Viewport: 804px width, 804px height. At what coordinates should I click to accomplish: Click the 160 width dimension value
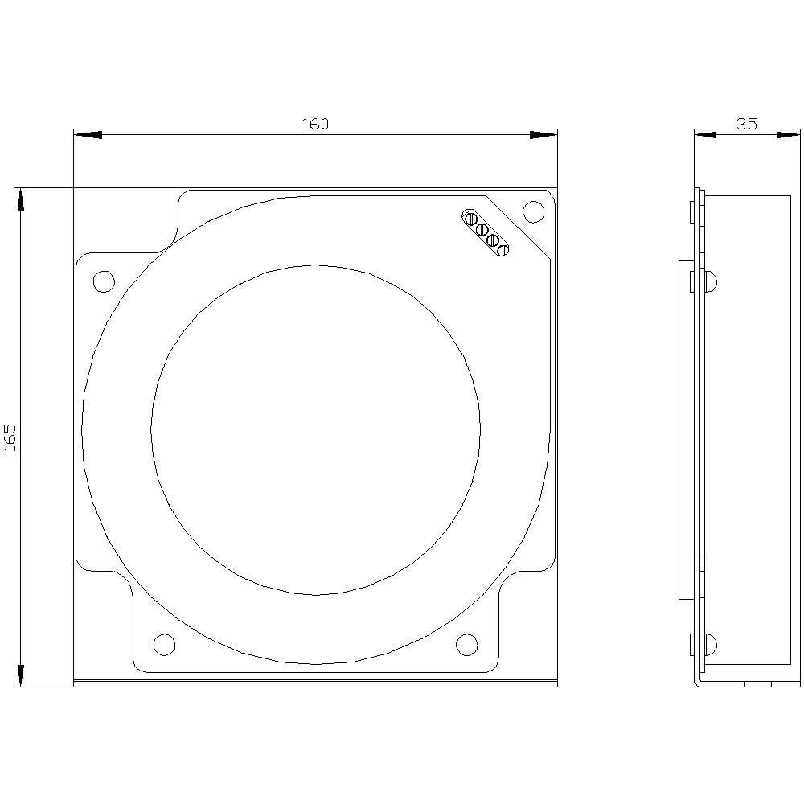point(315,124)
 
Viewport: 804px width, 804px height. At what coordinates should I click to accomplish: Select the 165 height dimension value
point(10,437)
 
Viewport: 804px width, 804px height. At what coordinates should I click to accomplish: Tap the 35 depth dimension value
point(747,124)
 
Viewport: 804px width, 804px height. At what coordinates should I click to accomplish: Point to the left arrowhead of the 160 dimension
point(87,135)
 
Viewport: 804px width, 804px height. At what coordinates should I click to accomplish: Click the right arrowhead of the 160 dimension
point(544,135)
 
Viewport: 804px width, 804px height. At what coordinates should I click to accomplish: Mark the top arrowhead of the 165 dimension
point(21,201)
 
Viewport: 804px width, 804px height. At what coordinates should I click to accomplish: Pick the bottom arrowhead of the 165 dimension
point(21,674)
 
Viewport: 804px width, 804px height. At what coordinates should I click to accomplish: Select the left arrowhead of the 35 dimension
point(705,135)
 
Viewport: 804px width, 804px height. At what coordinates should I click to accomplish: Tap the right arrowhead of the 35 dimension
point(788,135)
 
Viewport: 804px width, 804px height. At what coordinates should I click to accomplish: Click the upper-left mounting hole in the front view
point(104,281)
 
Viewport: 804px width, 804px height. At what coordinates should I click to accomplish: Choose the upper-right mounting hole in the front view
point(533,211)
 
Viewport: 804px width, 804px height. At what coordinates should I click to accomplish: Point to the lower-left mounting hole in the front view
point(164,644)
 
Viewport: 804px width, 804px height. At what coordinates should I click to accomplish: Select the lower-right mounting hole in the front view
point(467,644)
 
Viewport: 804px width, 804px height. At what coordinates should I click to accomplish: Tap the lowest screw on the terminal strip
point(503,249)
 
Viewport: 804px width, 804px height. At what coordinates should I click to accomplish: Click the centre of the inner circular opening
point(315,430)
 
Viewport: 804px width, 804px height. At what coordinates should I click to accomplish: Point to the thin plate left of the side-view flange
point(686,430)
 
